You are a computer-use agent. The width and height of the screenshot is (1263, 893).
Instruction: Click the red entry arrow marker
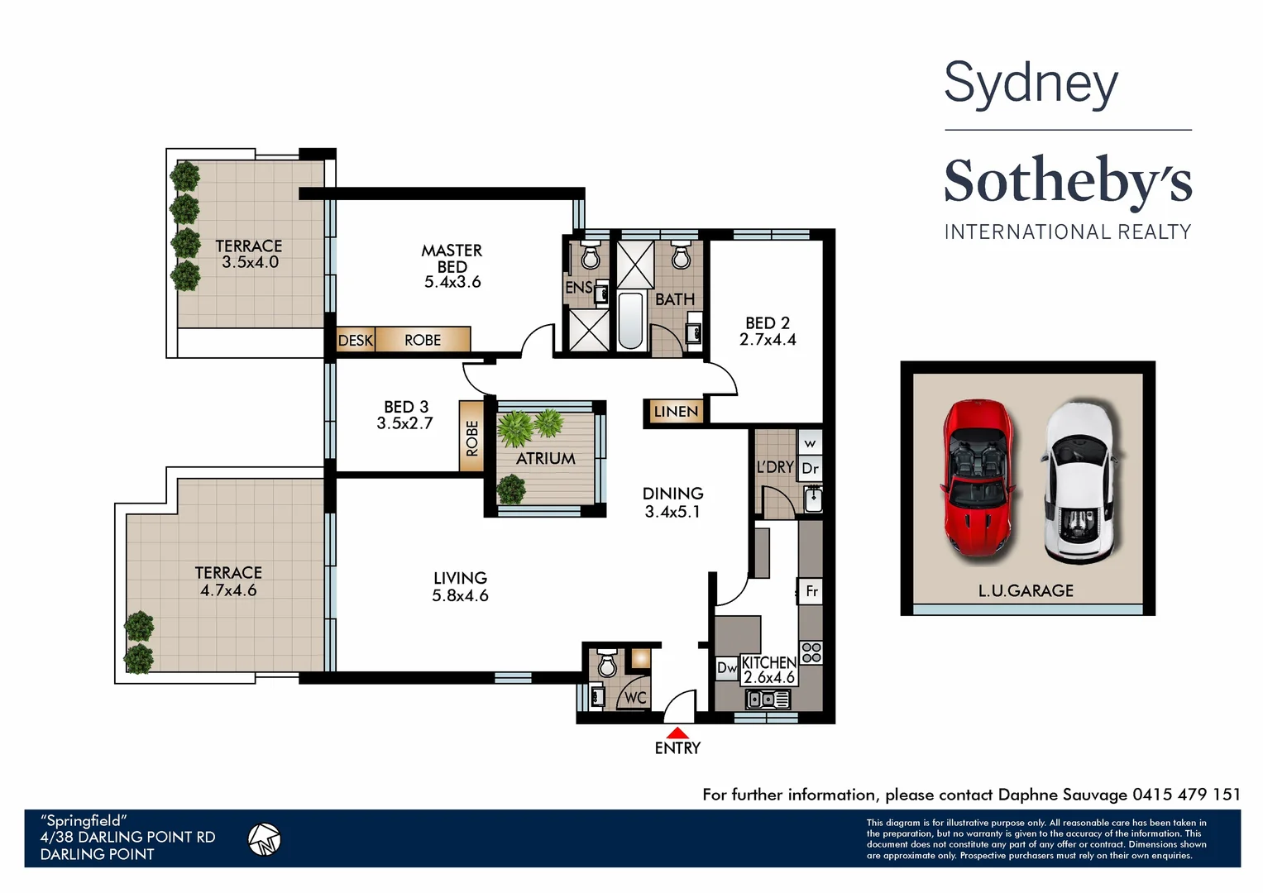[677, 733]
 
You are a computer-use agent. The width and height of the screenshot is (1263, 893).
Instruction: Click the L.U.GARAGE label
[1026, 590]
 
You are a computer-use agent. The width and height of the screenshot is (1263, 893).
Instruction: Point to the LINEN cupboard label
[676, 411]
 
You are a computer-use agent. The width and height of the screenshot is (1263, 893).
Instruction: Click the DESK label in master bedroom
[356, 340]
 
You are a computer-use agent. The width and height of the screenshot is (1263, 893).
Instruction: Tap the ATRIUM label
[546, 458]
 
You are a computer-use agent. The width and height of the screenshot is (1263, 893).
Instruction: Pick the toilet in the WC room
[607, 662]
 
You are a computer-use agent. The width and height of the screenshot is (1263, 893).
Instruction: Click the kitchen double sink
[768, 700]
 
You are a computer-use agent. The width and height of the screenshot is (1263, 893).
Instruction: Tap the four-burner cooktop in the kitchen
[811, 652]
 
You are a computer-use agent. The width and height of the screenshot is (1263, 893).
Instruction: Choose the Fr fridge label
[811, 591]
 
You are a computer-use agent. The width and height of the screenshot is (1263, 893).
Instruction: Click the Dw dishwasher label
[726, 667]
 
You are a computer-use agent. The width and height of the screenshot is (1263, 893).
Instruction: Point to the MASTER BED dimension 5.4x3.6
[452, 282]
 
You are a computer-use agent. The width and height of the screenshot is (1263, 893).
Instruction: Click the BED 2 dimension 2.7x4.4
[768, 339]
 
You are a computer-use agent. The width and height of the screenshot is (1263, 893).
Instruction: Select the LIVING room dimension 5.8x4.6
[460, 595]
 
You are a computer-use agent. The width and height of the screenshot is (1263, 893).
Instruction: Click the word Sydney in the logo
[1031, 84]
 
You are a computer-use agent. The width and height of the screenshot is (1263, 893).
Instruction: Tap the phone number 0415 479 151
[1186, 795]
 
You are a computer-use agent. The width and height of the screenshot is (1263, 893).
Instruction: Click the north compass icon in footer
[265, 839]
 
